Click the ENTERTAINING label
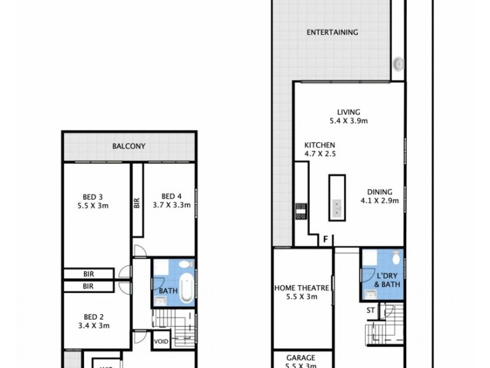click(x=332, y=33)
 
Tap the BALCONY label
click(x=128, y=146)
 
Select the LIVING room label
click(x=348, y=112)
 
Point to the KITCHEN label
click(x=320, y=145)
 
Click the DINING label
click(x=379, y=191)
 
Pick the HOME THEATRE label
click(x=302, y=288)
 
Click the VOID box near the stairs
click(x=161, y=342)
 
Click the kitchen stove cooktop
click(x=300, y=212)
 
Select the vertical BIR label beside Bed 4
click(x=137, y=202)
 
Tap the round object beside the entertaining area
click(x=398, y=62)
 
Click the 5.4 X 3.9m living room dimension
click(x=348, y=121)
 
